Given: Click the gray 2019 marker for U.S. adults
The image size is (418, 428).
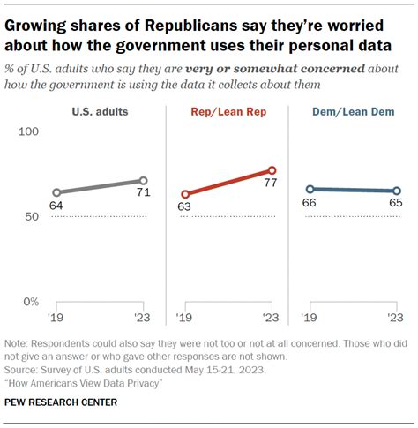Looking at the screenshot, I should click(56, 192).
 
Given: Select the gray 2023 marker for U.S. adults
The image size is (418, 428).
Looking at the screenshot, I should click(144, 180).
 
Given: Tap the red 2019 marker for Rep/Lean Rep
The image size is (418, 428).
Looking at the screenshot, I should click(185, 194).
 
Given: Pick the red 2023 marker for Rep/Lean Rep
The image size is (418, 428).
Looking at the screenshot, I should click(272, 170).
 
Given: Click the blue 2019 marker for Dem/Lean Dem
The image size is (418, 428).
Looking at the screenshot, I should click(310, 189).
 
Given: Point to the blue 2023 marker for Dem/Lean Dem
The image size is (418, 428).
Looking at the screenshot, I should click(396, 191).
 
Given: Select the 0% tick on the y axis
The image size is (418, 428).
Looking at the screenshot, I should click(29, 302).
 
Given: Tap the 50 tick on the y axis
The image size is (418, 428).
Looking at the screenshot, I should click(32, 217).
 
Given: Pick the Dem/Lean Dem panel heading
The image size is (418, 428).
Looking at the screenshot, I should click(352, 111).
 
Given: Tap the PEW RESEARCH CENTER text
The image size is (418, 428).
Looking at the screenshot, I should click(61, 402).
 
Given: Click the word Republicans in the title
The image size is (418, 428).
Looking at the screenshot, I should click(190, 23).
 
